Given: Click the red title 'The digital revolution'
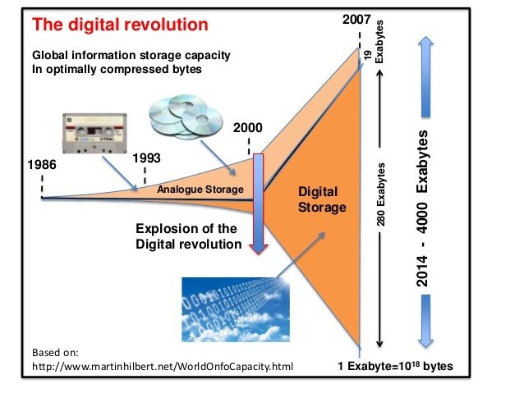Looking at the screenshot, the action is point(120,25).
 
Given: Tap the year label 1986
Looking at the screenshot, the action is point(42,165).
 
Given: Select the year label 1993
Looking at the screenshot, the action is point(146,158).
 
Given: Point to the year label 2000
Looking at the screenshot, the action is point(248,127).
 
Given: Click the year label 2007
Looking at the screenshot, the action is point(356,20).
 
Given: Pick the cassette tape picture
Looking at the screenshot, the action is point(94,133).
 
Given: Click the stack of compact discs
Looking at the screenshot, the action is point(186,117).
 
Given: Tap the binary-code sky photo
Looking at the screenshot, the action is point(236,309).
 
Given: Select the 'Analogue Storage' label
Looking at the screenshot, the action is point(200,190).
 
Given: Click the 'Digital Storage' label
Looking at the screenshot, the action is point(322,199).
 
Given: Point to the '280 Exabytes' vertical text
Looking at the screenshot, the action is point(380,194).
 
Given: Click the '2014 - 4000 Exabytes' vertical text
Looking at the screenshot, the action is point(422,208).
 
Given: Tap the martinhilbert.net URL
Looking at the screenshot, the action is point(163,366).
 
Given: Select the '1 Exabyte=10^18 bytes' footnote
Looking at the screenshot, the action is point(395,366).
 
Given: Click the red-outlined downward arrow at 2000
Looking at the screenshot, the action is point(259,204).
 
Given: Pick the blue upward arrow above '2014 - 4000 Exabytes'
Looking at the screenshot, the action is point(425,76).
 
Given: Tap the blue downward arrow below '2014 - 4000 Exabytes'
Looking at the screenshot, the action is point(425,322).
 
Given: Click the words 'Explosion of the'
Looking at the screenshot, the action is point(186,229).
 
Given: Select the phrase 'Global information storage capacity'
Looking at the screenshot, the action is point(131,55).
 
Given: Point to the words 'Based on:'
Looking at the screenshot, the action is point(55,352).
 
